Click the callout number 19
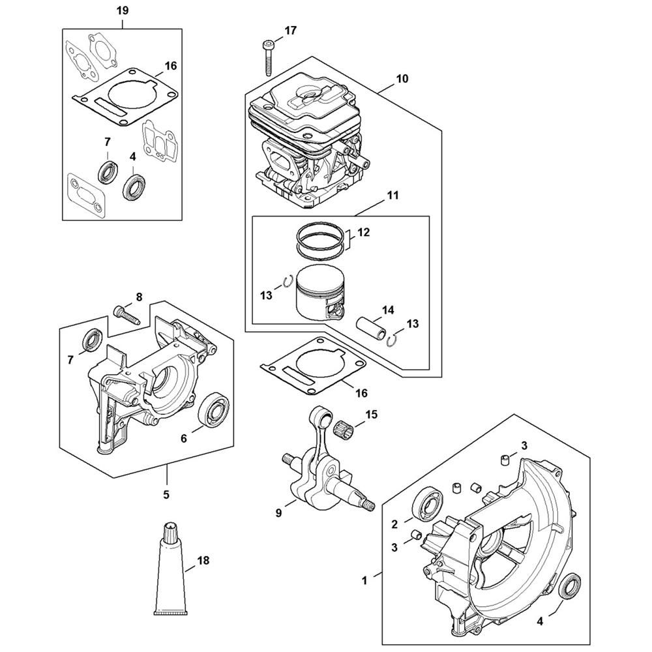pos(123,11)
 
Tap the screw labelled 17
pos(267,58)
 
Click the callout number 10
pos(402,79)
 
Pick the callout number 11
pos(393,195)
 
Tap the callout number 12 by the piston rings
pos(363,232)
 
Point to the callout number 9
pos(278,512)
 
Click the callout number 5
pos(166,494)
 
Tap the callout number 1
pos(364,580)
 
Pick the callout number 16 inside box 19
pos(170,66)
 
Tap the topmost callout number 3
pos(524,446)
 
